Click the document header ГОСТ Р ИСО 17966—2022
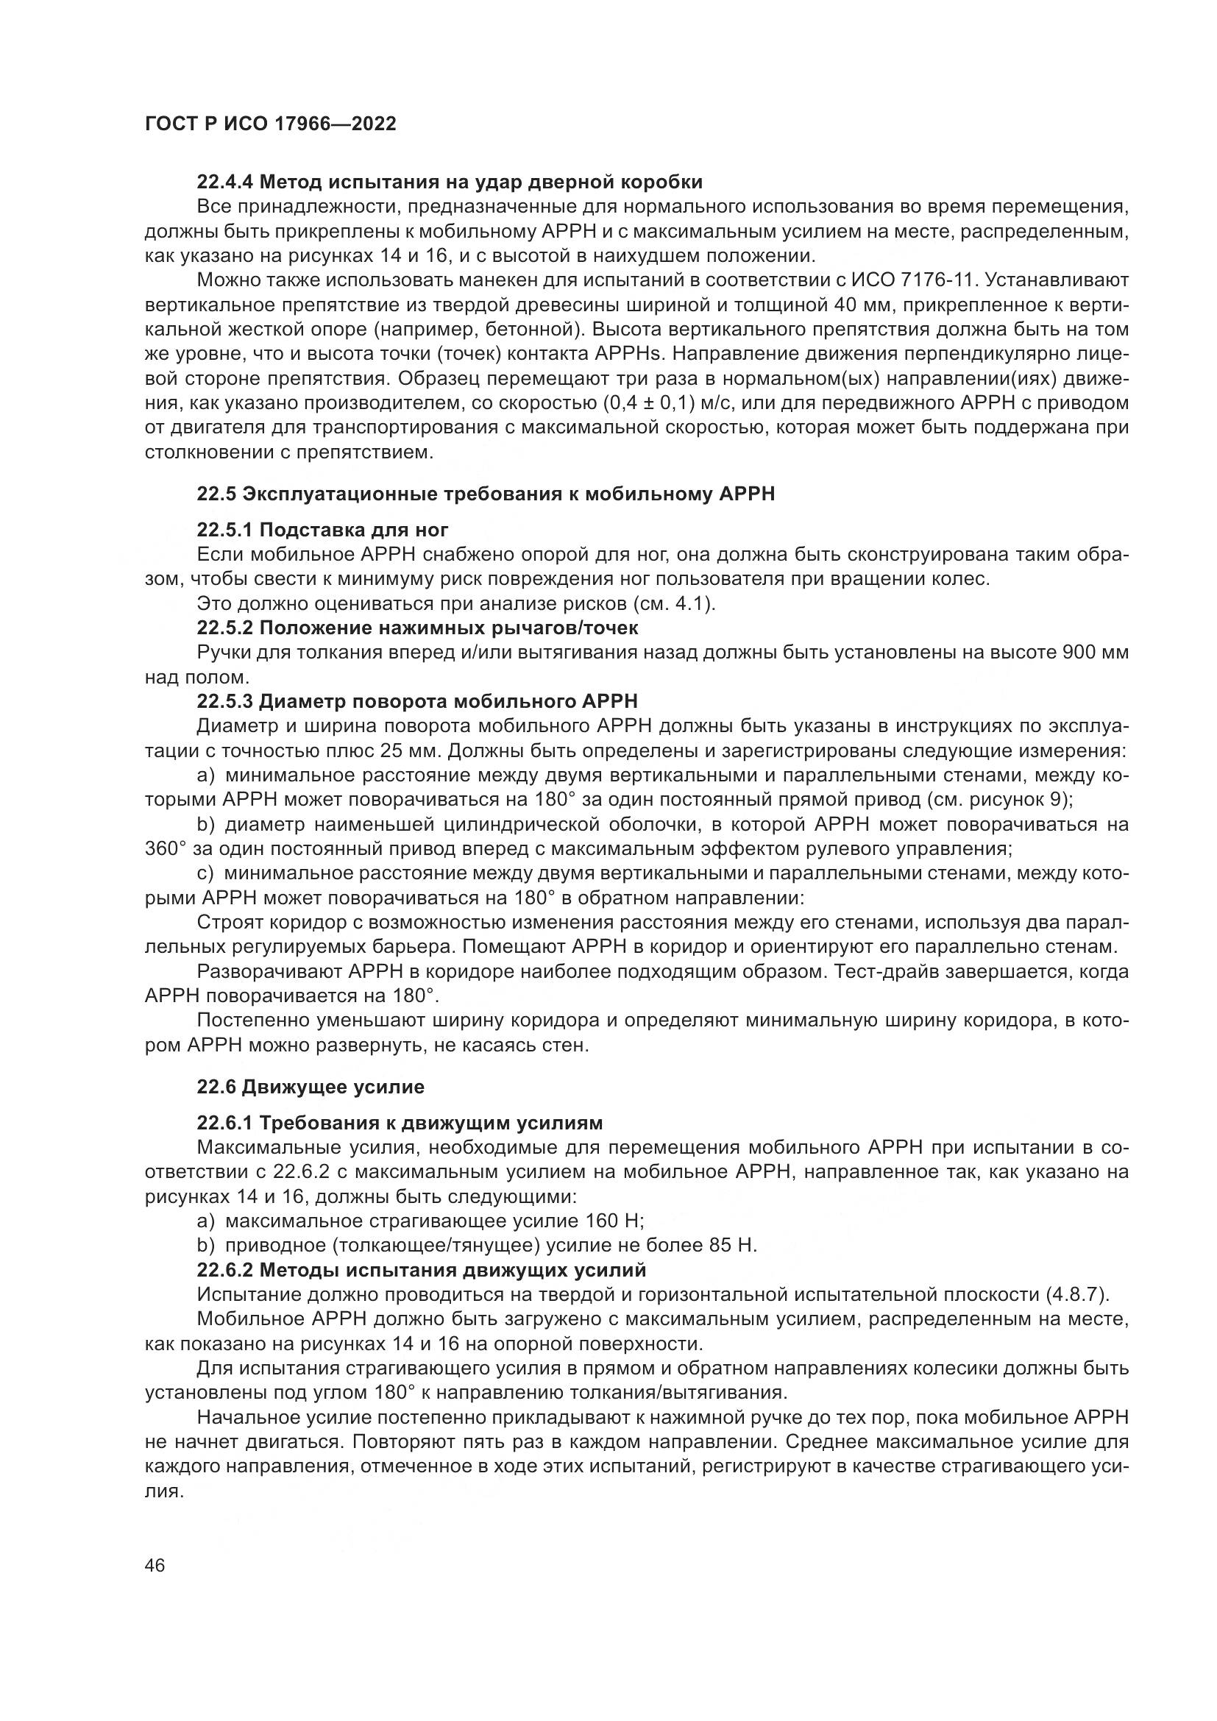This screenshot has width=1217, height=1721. [x=270, y=124]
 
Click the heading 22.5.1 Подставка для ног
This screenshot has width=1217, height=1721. [x=322, y=530]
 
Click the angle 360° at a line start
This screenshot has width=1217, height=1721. [x=165, y=849]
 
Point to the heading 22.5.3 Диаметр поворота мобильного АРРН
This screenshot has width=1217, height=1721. [x=417, y=702]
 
